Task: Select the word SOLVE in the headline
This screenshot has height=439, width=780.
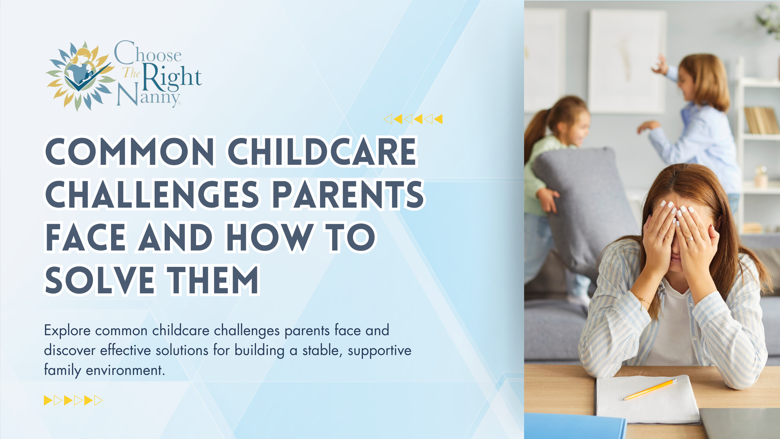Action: click(x=100, y=280)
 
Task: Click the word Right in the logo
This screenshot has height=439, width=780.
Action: click(x=172, y=76)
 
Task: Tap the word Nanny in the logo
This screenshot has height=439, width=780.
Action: click(x=149, y=95)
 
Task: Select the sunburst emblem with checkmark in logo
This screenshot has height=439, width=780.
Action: click(x=80, y=76)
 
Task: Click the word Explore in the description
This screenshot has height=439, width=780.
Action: click(x=67, y=330)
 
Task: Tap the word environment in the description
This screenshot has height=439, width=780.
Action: click(x=125, y=370)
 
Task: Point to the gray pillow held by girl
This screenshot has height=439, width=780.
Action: click(x=585, y=206)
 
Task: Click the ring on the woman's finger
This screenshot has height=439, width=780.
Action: click(x=689, y=239)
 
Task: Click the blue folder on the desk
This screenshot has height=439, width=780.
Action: click(x=575, y=426)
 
